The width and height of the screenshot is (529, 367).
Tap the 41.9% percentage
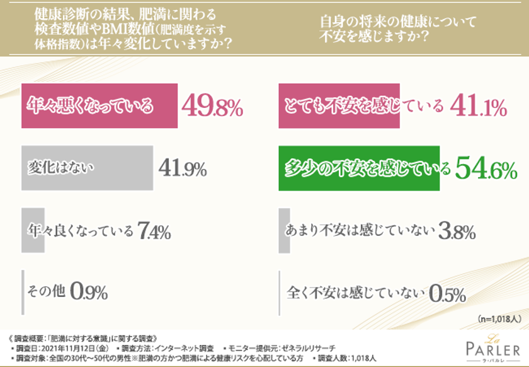pos(183,168)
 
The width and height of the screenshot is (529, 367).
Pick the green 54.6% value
pos(484,168)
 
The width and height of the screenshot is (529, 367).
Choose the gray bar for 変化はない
pos(88,167)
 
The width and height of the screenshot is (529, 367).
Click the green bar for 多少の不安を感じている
pos(358,168)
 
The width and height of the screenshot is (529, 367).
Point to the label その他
pos(47,292)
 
